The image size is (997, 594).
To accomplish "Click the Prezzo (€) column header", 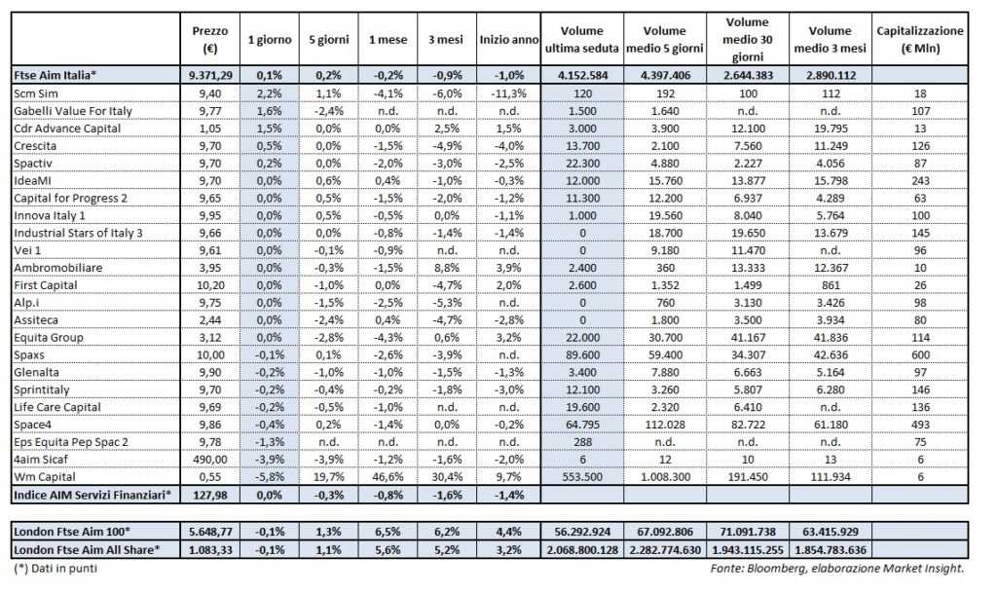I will tap(210, 39).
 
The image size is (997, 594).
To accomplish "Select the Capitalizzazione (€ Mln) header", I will tap(920, 39).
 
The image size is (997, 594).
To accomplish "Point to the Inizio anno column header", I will tap(507, 39).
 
